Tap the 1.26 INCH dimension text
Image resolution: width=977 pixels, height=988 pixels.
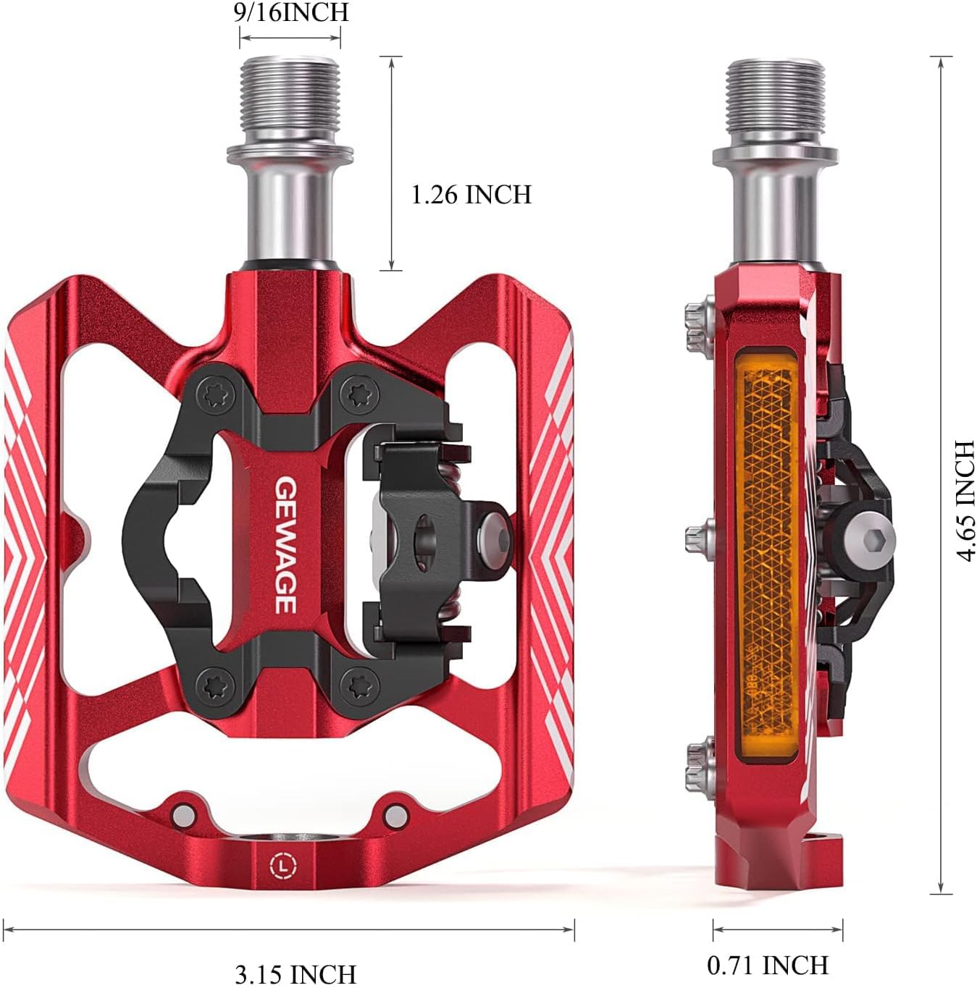tap(471, 195)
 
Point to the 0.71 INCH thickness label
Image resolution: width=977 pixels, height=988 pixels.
tap(768, 965)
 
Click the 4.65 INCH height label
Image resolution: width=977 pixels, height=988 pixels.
tap(964, 500)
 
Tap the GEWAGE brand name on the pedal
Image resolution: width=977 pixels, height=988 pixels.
tap(284, 544)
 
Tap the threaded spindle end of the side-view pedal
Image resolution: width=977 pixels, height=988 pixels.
tap(776, 101)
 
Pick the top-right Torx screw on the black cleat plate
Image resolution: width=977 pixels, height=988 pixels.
tap(356, 394)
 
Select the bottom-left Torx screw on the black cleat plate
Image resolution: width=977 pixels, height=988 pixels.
tap(214, 682)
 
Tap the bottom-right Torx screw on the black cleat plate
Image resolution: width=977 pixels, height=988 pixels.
tap(356, 682)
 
